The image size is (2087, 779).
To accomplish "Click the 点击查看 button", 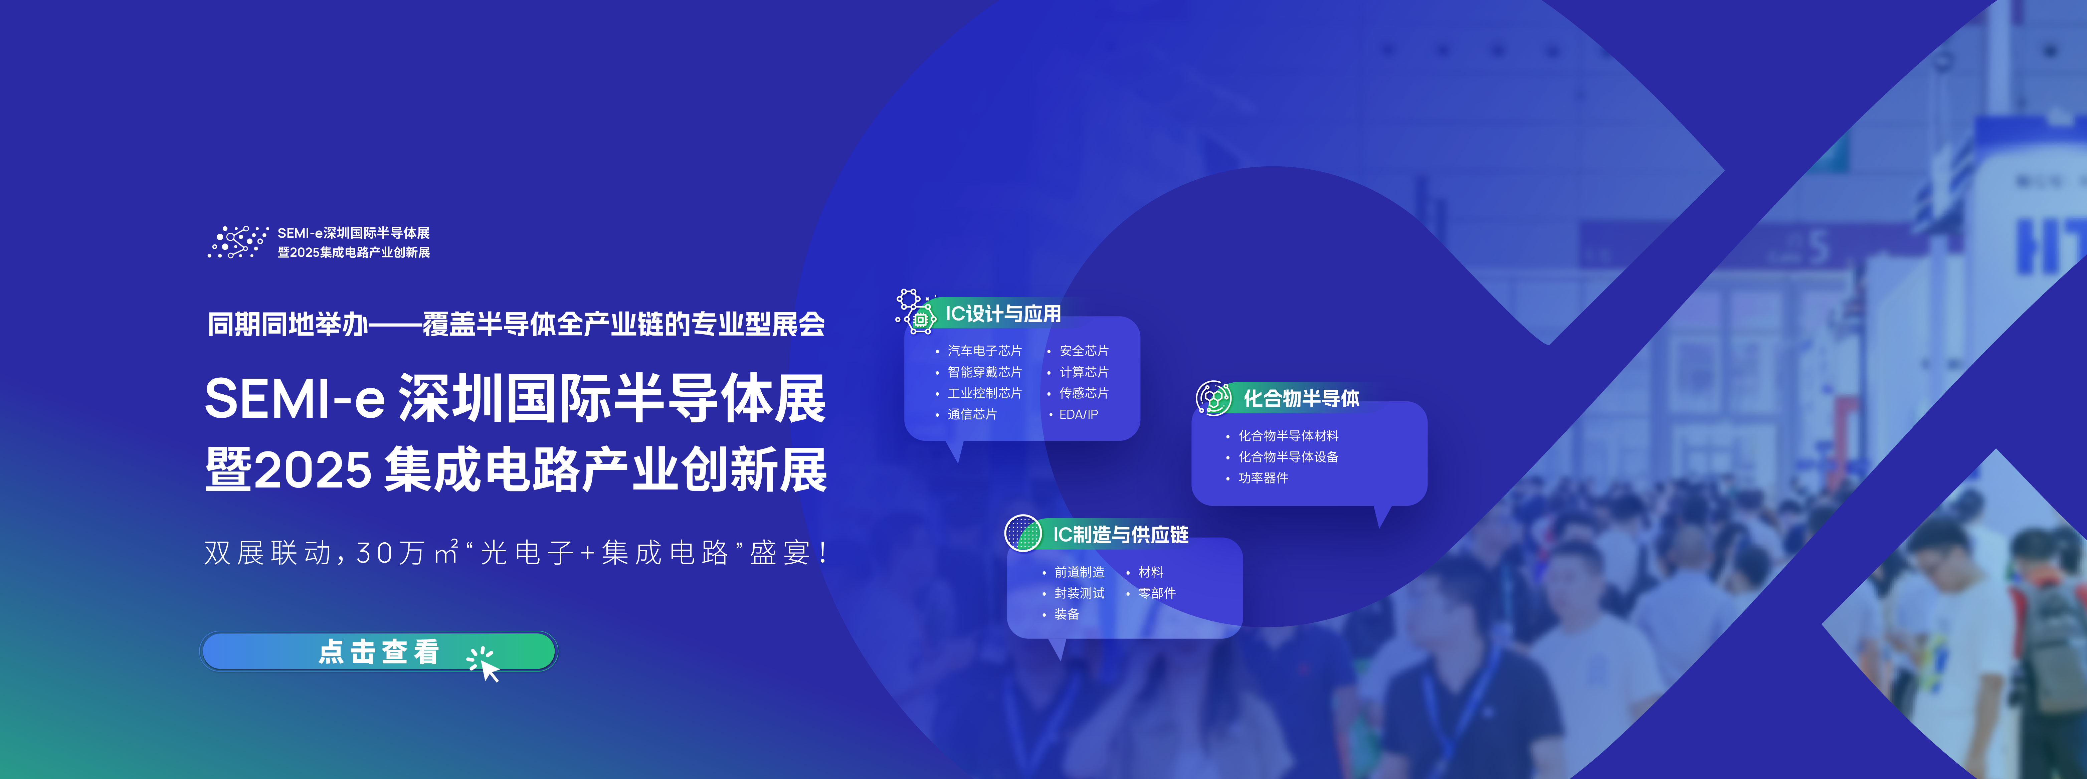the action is [378, 651].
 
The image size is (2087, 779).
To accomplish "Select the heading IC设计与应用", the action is [1003, 314].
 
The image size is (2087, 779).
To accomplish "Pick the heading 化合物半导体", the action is [1301, 398].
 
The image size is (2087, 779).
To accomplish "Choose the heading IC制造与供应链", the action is [1120, 535].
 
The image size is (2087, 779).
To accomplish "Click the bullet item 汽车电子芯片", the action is [984, 351].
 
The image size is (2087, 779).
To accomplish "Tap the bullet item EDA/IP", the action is [1078, 414].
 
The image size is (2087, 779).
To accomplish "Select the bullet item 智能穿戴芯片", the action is [984, 372].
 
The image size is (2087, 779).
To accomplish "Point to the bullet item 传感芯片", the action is [1084, 393].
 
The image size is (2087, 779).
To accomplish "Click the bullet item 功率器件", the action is [1263, 478].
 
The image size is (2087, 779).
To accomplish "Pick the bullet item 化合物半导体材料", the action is [1288, 436].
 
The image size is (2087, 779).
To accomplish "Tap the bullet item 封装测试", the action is [1079, 593].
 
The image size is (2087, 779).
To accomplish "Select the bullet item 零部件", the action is [1157, 593].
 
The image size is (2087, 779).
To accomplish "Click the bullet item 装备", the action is [1067, 614].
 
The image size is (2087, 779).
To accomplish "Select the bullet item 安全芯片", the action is [1084, 351].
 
